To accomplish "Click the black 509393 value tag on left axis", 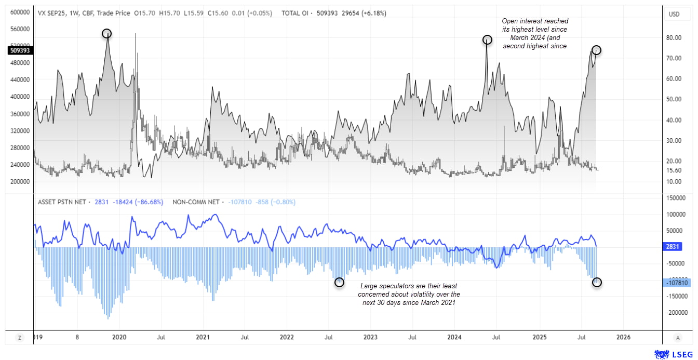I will [20, 50].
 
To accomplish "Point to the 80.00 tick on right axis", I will [674, 38].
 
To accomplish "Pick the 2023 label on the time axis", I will [370, 337].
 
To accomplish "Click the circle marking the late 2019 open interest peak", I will [106, 34].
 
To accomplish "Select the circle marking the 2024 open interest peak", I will [487, 39].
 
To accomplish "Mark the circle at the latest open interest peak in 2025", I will [597, 50].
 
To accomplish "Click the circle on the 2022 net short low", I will [340, 282].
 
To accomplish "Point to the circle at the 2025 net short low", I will [597, 282].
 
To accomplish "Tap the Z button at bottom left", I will [20, 338].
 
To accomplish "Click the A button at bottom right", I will [677, 338].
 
